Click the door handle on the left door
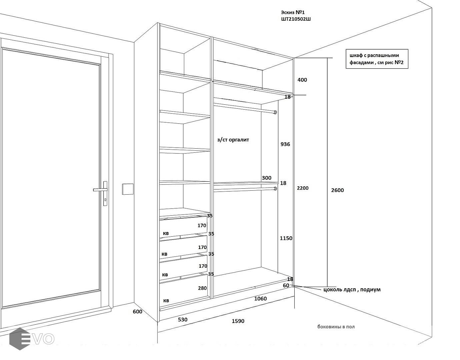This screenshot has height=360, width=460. click(100, 190)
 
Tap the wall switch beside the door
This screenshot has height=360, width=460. click(128, 189)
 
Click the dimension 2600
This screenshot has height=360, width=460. click(337, 190)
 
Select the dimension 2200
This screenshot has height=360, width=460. click(303, 188)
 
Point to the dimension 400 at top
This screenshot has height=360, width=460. click(302, 80)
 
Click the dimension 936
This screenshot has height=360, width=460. click(285, 144)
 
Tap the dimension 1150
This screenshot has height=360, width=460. click(286, 238)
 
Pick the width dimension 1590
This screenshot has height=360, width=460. click(238, 321)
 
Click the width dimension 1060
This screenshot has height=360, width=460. click(260, 299)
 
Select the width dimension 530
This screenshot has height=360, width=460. click(183, 320)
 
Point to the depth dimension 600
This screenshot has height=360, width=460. click(137, 312)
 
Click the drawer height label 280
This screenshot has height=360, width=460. click(202, 288)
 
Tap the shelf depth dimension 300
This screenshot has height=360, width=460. click(266, 178)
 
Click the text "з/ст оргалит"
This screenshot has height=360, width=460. click(233, 140)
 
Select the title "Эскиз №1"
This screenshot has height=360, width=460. click(293, 12)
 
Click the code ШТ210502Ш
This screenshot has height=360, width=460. click(296, 19)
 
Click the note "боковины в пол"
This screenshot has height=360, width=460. click(336, 327)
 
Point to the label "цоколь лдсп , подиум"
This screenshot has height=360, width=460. click(352, 290)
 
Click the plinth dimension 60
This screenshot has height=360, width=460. click(286, 285)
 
